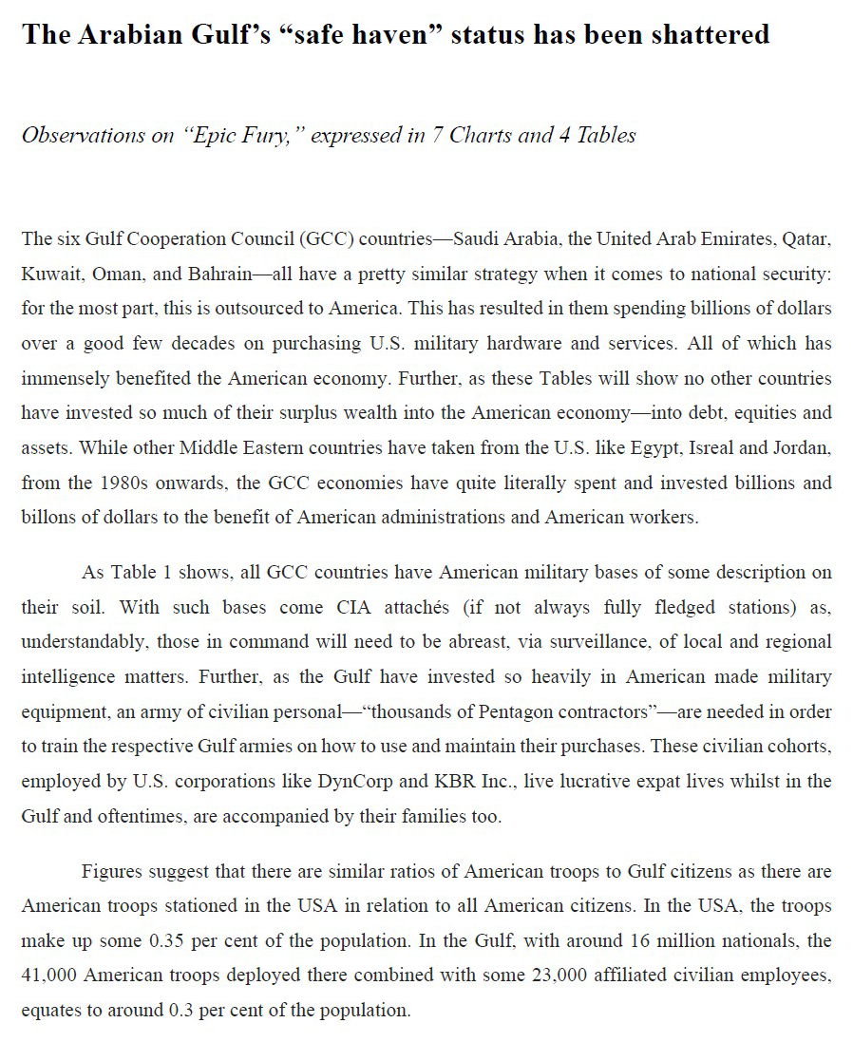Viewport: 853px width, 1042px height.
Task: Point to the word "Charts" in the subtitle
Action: (482, 135)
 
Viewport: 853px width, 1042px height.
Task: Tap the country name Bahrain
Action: (218, 275)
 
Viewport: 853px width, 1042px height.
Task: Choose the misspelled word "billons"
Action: (47, 517)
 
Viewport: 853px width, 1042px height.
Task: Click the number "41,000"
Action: (48, 976)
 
